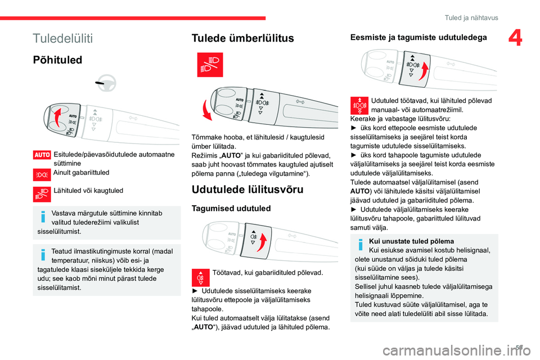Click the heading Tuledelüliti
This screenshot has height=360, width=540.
[63, 38]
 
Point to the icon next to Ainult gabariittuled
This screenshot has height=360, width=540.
[42, 173]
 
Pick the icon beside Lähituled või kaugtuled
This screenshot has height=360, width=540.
[42, 193]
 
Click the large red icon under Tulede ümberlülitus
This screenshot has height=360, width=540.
[210, 65]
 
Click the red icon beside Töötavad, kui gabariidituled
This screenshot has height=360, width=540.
[200, 277]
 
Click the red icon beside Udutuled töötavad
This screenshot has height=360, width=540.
[359, 106]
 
